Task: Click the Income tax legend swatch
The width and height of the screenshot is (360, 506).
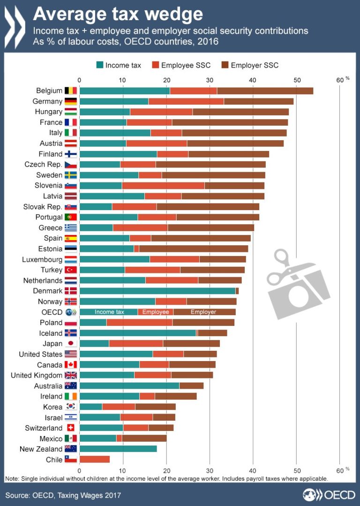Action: click(x=99, y=65)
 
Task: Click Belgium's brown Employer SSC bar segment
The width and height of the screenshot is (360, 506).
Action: click(x=265, y=91)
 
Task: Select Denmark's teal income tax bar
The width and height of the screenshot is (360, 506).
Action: click(x=157, y=291)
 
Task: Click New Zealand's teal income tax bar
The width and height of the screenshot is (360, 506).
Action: click(x=118, y=449)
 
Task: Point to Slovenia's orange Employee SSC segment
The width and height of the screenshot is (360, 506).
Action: click(x=163, y=185)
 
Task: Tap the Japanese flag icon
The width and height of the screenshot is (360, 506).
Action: click(x=70, y=343)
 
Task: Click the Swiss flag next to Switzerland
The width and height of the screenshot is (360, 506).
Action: click(x=70, y=428)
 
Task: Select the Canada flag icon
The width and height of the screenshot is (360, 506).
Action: click(x=70, y=364)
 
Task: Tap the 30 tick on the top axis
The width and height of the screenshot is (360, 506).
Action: click(x=210, y=80)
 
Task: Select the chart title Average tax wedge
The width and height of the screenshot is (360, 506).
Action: click(x=118, y=14)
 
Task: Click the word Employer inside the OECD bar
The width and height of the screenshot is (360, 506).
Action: click(x=203, y=312)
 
